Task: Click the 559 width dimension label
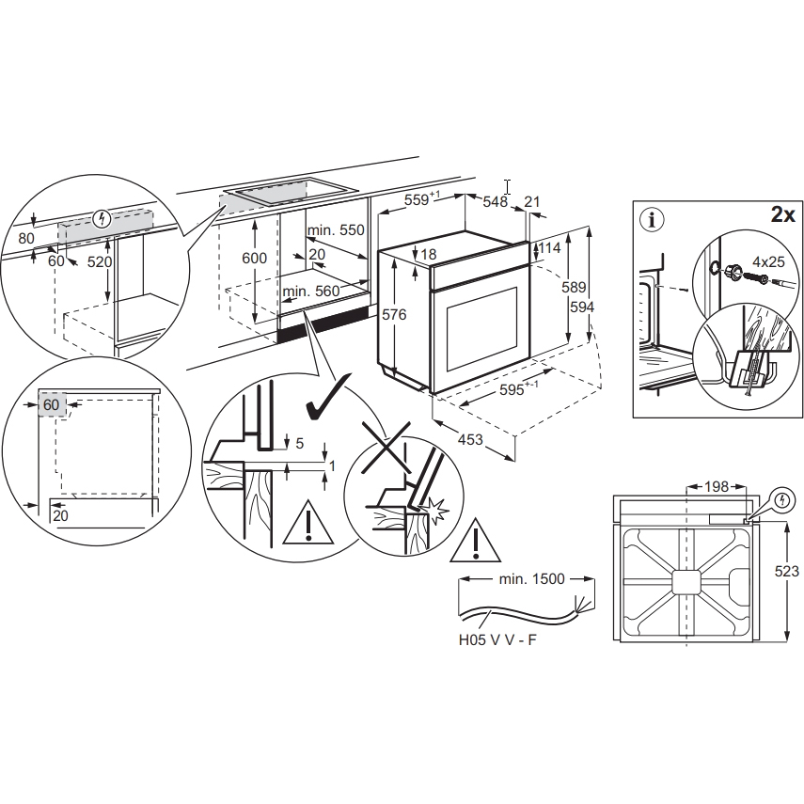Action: [x=422, y=198]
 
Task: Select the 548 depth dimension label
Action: [x=496, y=201]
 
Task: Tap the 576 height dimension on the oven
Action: [x=394, y=314]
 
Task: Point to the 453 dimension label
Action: [x=470, y=439]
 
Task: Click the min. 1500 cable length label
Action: [x=531, y=579]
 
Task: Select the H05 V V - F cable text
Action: [x=497, y=640]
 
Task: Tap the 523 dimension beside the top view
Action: [x=786, y=571]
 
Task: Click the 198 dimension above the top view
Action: [x=717, y=486]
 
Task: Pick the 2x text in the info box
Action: [x=783, y=214]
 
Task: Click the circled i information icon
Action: [x=652, y=220]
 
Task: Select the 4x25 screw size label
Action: [x=768, y=261]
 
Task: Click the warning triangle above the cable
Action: [x=475, y=541]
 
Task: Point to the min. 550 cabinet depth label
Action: [x=336, y=230]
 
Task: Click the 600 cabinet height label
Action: [x=254, y=258]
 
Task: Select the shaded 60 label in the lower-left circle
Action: [x=51, y=404]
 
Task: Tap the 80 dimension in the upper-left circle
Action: [x=26, y=239]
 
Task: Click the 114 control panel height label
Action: [x=550, y=248]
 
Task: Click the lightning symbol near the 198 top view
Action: [x=782, y=499]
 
